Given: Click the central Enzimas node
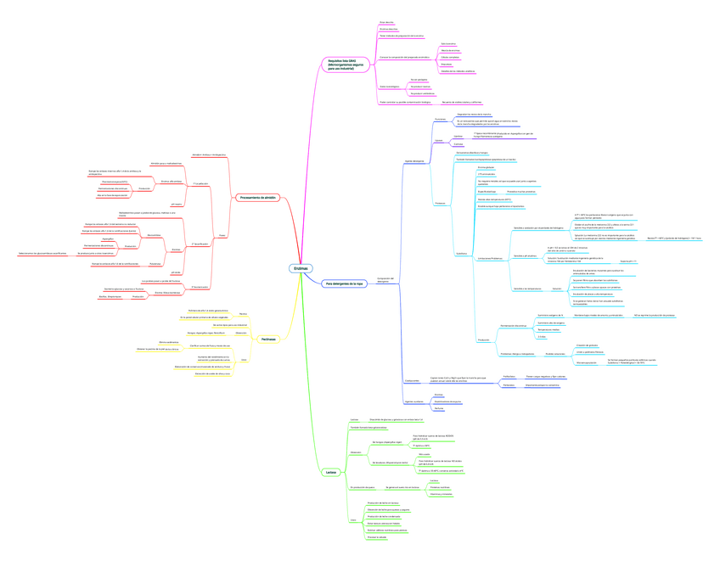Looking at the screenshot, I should tap(301, 268).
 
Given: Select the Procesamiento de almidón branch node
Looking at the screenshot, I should tap(258, 198).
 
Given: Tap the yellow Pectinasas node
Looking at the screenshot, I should tap(267, 339).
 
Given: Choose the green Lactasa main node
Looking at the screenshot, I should tap(331, 472).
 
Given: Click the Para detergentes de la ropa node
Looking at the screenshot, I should tap(344, 283).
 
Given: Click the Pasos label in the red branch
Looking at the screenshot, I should tap(222, 235).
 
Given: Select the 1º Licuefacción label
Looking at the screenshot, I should tap(200, 183).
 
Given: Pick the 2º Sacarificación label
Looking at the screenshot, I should tap(200, 244).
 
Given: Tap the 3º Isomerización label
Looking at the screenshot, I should tap(200, 286).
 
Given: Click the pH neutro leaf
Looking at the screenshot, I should tap(177, 204).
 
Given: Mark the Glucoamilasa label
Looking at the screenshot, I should tap(154, 234).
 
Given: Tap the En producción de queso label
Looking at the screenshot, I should tap(362, 487).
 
